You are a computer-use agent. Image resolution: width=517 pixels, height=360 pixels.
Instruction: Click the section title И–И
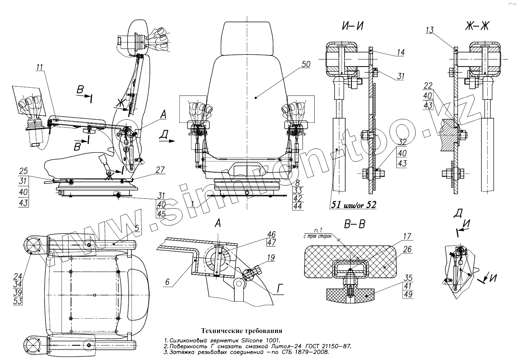(x=353, y=27)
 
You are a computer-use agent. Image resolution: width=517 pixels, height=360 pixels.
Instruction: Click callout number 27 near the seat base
(x=160, y=170)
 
